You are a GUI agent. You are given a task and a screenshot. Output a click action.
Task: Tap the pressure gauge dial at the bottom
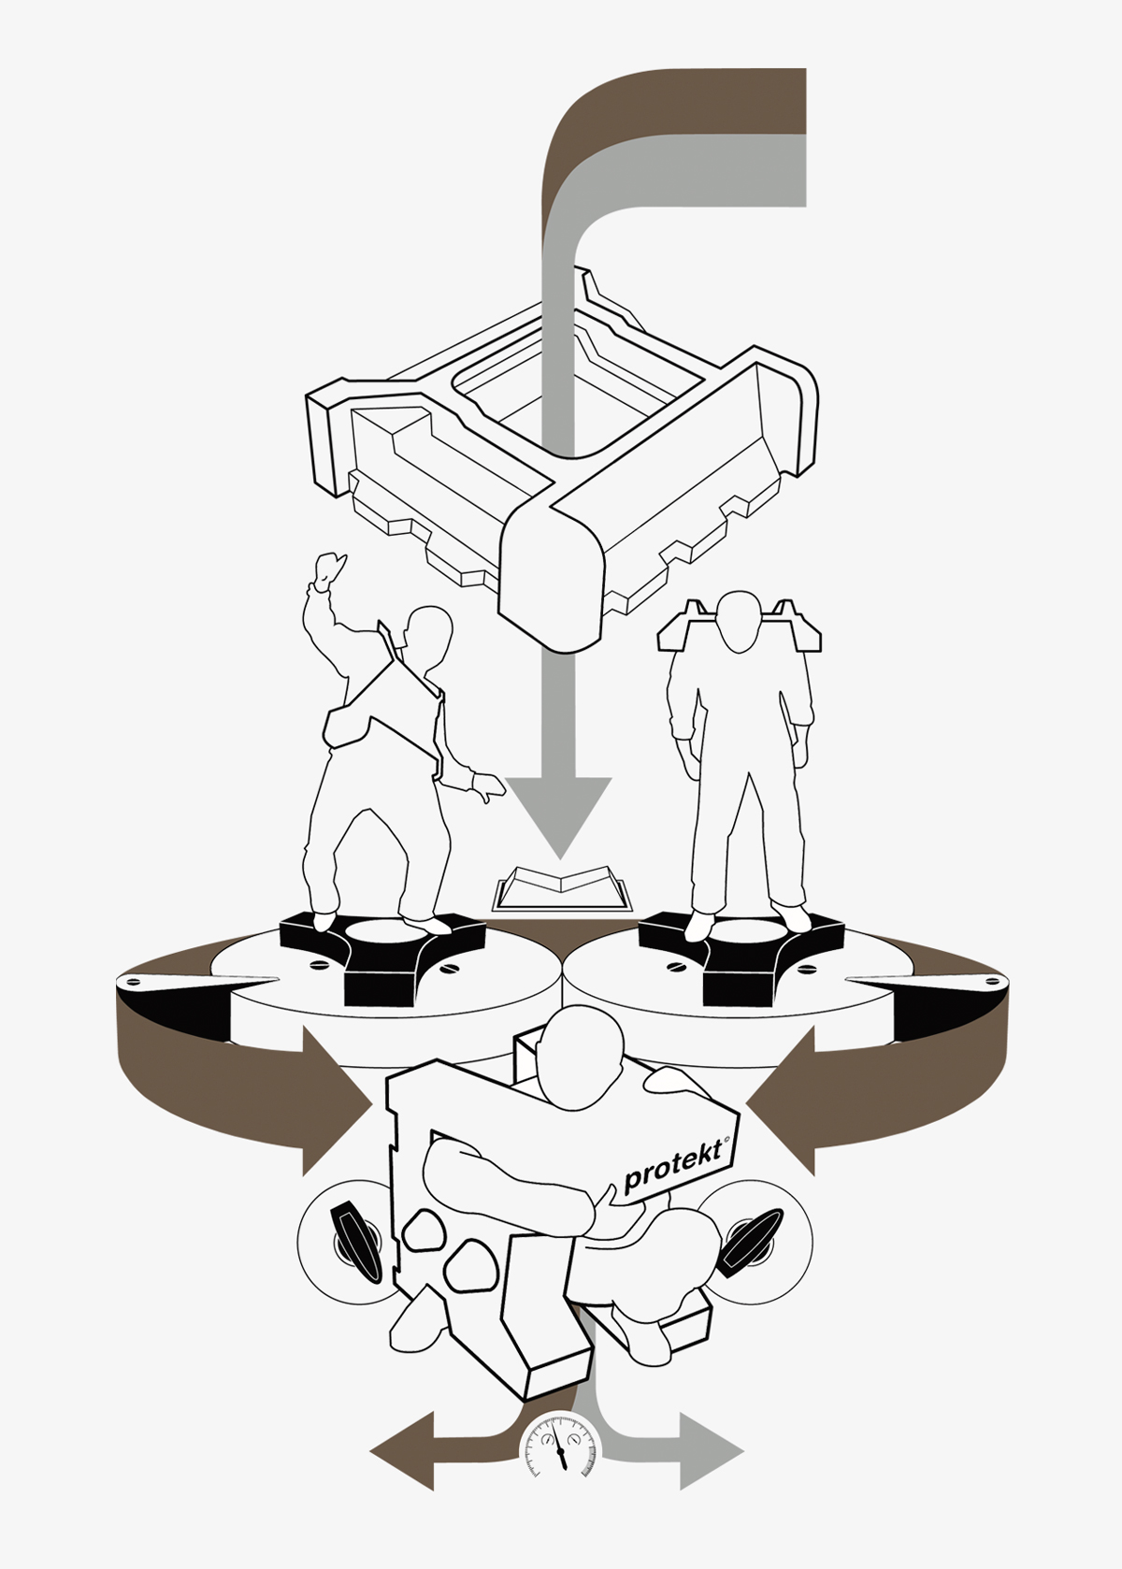[x=560, y=1445]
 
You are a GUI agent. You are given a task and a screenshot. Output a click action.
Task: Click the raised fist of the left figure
[x=330, y=571]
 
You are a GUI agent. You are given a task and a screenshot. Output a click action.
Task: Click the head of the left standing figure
[x=426, y=638]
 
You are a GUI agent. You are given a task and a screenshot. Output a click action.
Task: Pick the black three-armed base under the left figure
[x=382, y=957]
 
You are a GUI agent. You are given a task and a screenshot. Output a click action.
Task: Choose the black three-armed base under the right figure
[x=741, y=956]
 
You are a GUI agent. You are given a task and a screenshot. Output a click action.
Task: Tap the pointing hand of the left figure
[x=488, y=785]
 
